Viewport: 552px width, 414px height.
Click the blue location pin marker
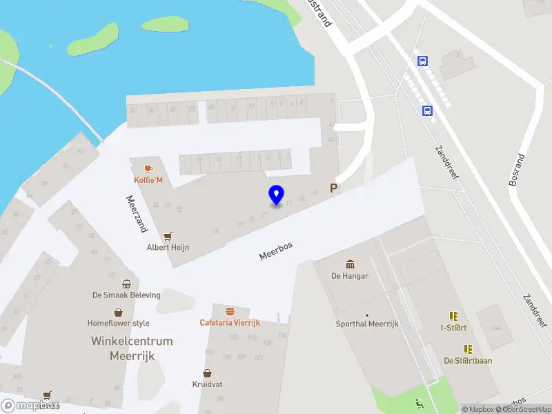[x=276, y=195]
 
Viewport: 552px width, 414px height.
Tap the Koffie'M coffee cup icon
[x=148, y=168]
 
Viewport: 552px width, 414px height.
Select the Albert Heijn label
[x=168, y=247]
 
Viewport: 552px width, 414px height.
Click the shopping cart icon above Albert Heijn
[x=168, y=235]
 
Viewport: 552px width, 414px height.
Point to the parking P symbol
[x=334, y=188]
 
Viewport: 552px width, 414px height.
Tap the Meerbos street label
[x=276, y=250]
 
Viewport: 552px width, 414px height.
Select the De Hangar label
[x=350, y=276]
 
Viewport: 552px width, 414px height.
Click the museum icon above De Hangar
[x=350, y=264]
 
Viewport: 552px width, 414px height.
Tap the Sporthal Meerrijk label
[x=367, y=324]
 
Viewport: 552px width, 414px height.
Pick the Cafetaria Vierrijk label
[x=229, y=322]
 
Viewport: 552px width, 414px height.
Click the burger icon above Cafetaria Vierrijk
[x=229, y=310]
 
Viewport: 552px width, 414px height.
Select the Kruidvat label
[x=207, y=384]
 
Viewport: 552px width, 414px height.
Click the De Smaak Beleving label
[x=126, y=295]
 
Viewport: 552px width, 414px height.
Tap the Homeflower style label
[x=118, y=323]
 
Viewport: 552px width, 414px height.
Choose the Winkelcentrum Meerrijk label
[x=132, y=348]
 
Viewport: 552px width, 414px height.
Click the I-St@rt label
[x=454, y=328]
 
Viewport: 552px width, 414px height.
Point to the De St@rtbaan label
[x=468, y=360]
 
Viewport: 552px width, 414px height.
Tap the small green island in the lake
[x=166, y=25]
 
